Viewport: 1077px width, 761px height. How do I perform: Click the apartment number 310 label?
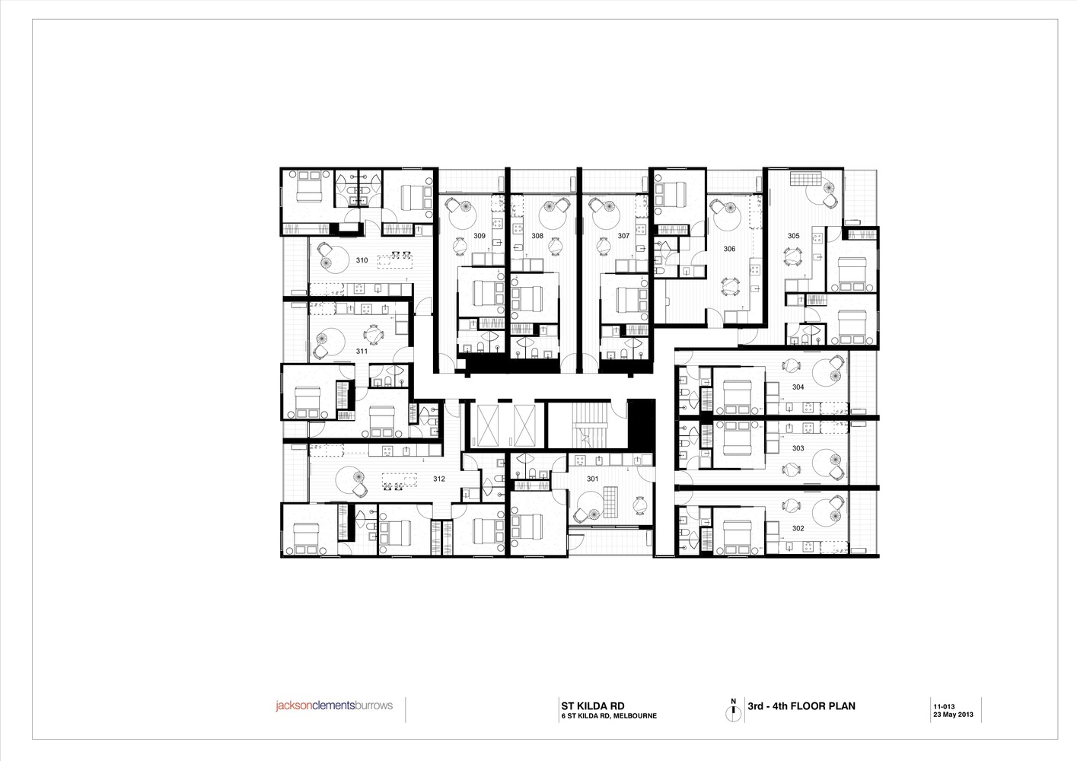click(x=362, y=260)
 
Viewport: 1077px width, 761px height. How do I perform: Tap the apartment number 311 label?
click(x=362, y=352)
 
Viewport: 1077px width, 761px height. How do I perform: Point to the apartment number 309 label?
click(x=480, y=236)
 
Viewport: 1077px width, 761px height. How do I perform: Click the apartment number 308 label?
click(x=537, y=236)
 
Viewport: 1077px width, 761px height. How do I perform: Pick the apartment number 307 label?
click(x=623, y=236)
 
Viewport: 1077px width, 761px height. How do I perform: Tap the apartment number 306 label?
click(x=729, y=249)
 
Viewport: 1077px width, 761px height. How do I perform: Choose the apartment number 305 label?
click(x=793, y=236)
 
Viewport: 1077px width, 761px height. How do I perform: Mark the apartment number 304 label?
click(x=798, y=387)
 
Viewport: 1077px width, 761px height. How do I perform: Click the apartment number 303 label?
click(x=798, y=448)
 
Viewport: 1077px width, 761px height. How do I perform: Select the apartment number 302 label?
click(x=798, y=528)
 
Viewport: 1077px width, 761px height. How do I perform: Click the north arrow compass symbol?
click(x=734, y=710)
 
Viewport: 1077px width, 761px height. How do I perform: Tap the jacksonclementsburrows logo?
click(x=334, y=705)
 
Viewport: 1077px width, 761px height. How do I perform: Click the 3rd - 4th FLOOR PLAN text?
click(x=801, y=705)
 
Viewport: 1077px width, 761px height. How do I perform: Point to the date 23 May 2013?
click(x=953, y=715)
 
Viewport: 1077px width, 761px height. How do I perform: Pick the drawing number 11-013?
click(x=944, y=705)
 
